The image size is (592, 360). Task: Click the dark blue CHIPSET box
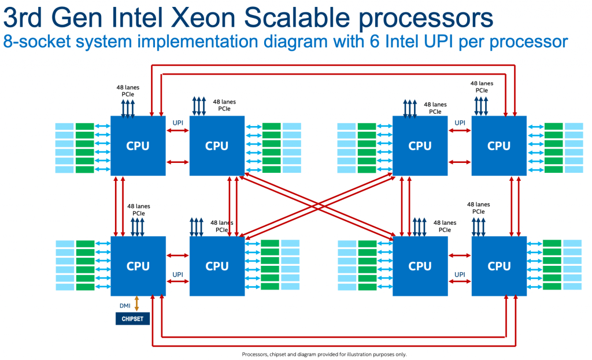click(132, 318)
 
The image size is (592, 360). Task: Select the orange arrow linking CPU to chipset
click(137, 303)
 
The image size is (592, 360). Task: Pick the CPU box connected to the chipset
click(138, 266)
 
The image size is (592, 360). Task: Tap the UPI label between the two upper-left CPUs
click(178, 123)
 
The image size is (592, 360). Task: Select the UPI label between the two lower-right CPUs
click(460, 274)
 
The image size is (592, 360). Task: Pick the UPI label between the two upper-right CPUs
click(460, 123)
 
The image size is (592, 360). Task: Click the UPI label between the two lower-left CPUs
click(178, 274)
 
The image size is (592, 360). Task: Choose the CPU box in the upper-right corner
click(498, 145)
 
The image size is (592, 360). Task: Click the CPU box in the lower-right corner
click(498, 266)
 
